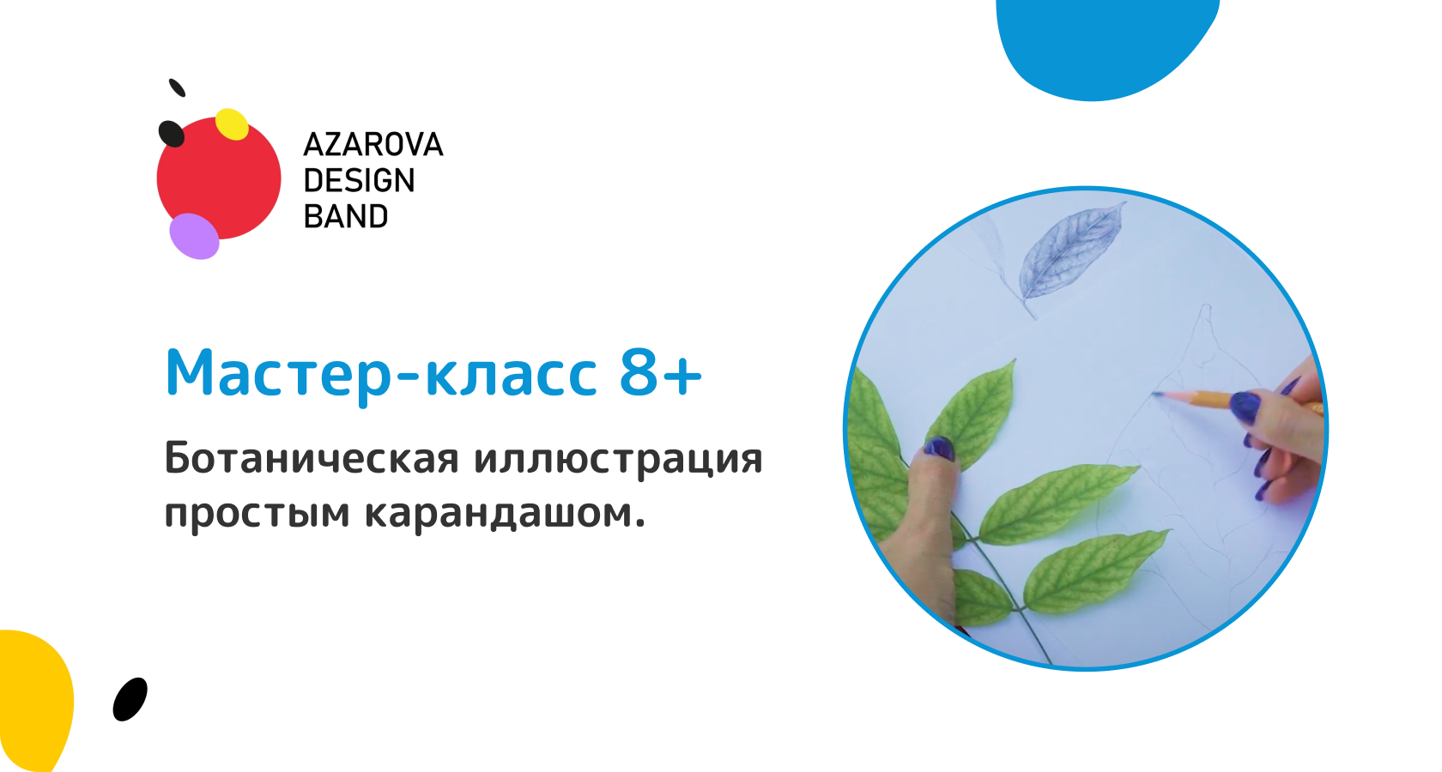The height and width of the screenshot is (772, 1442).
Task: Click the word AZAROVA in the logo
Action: (373, 145)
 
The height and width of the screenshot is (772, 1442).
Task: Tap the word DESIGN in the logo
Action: (359, 181)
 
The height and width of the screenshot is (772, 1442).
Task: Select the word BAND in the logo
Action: (346, 217)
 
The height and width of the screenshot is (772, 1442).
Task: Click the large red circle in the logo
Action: (219, 178)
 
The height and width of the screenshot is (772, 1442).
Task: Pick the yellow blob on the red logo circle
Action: (232, 124)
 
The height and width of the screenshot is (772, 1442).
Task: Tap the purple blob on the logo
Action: (194, 236)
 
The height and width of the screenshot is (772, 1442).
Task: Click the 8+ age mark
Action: (661, 373)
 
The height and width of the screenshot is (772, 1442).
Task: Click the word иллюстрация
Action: (618, 460)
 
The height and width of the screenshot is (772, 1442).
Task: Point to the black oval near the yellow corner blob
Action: (130, 699)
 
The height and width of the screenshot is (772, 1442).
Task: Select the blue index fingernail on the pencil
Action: (1245, 407)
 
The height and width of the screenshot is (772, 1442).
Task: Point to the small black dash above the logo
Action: (177, 87)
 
